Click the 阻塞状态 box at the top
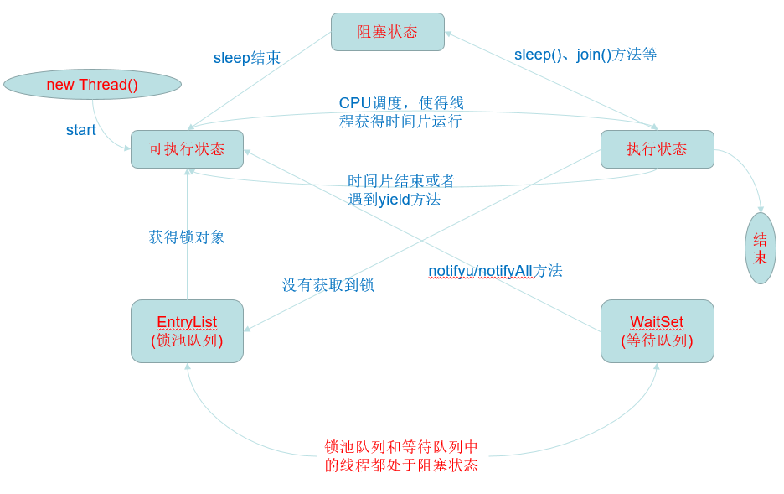coord(387,32)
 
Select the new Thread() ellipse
coord(92,85)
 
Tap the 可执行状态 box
coord(187,149)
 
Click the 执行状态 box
coord(657,149)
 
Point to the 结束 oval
coord(760,248)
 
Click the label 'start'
coord(81,130)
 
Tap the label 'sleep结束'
coord(247,58)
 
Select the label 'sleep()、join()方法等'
coord(585,55)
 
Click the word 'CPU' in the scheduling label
coord(354,103)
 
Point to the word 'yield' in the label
coord(394,200)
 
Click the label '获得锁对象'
coord(187,237)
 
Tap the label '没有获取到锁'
coord(328,285)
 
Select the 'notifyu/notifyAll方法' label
coord(495,271)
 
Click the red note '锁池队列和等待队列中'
coord(401,447)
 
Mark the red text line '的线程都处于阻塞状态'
coord(401,465)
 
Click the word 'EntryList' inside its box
coord(187,322)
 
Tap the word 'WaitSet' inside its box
coord(657,322)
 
